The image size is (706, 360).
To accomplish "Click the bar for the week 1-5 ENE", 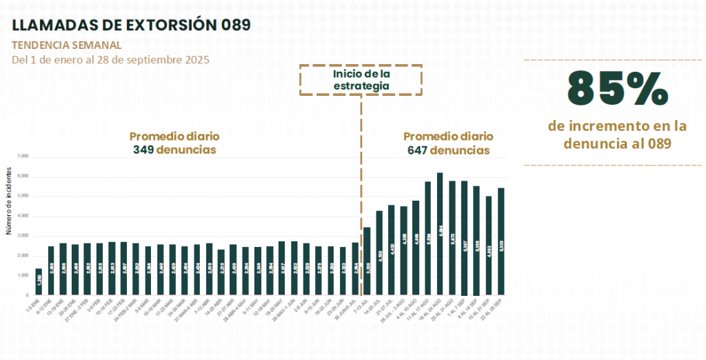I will tap(39, 281).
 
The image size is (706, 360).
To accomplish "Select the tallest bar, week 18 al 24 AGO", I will tap(440, 234).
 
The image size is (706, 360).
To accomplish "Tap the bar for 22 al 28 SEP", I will tap(501, 241).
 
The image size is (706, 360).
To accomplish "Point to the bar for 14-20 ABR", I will tap(221, 272).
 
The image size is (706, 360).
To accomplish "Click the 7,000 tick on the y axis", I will tap(24, 157).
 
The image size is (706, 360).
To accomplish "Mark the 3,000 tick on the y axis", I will tap(24, 236).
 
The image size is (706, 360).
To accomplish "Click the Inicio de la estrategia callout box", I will tap(361, 80).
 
